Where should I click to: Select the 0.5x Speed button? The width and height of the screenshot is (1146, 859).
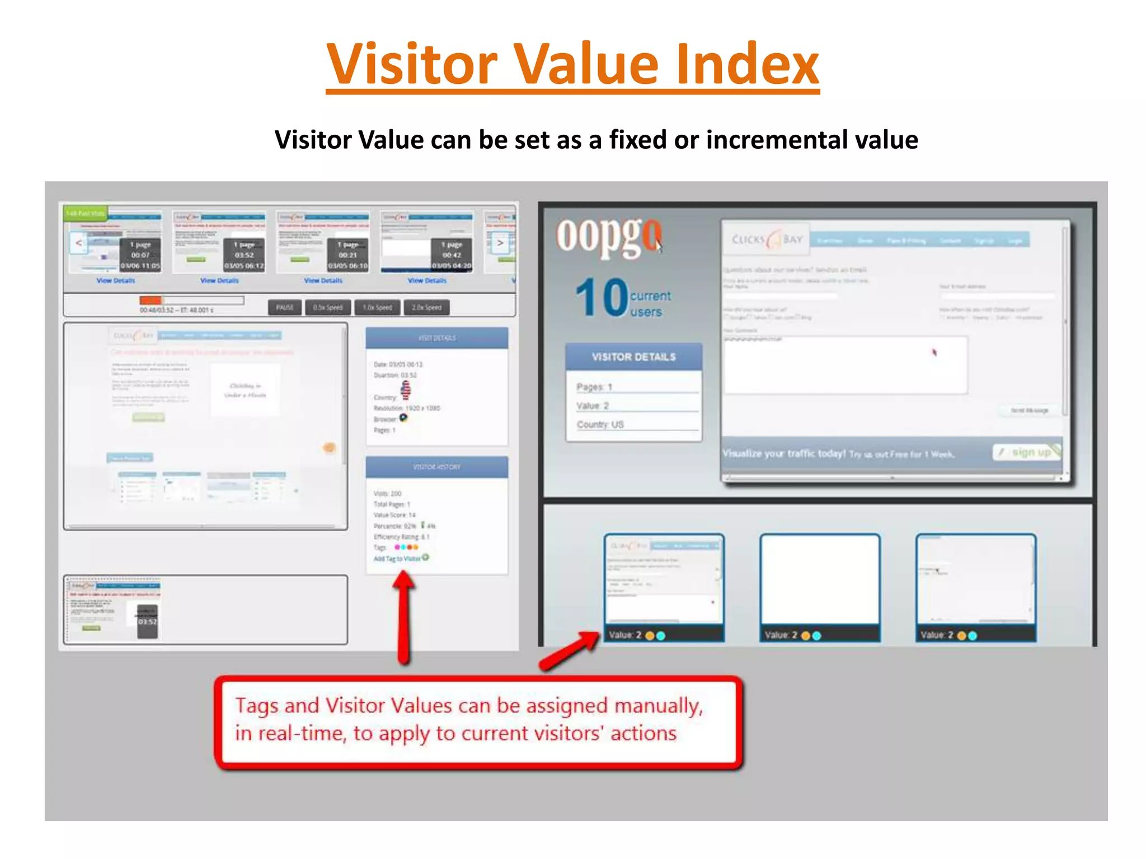(327, 308)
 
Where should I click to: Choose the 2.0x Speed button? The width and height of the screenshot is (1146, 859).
(426, 308)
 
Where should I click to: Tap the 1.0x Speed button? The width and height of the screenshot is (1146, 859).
(377, 308)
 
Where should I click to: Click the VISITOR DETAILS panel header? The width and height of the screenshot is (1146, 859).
(633, 357)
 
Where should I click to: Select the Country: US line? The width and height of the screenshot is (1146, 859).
(600, 424)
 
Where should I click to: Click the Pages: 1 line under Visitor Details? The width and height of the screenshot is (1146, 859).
(594, 387)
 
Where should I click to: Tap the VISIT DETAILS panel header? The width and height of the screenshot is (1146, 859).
(437, 338)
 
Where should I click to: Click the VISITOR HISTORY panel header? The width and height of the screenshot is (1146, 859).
(437, 466)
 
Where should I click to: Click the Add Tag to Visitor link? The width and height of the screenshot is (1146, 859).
(398, 558)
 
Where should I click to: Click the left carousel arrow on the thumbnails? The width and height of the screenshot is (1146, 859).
(79, 243)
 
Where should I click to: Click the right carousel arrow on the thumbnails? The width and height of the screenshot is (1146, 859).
(500, 243)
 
